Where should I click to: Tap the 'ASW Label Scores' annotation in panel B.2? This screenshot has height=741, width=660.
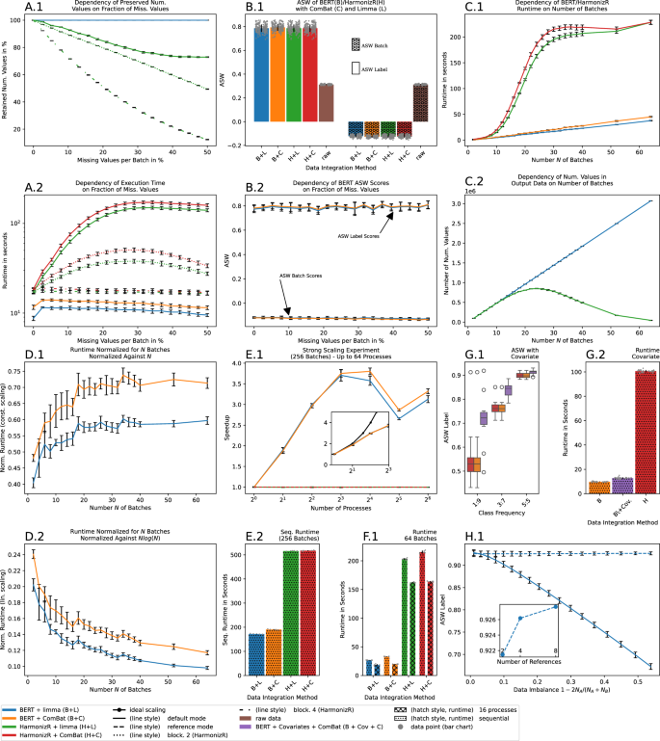(x=359, y=237)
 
